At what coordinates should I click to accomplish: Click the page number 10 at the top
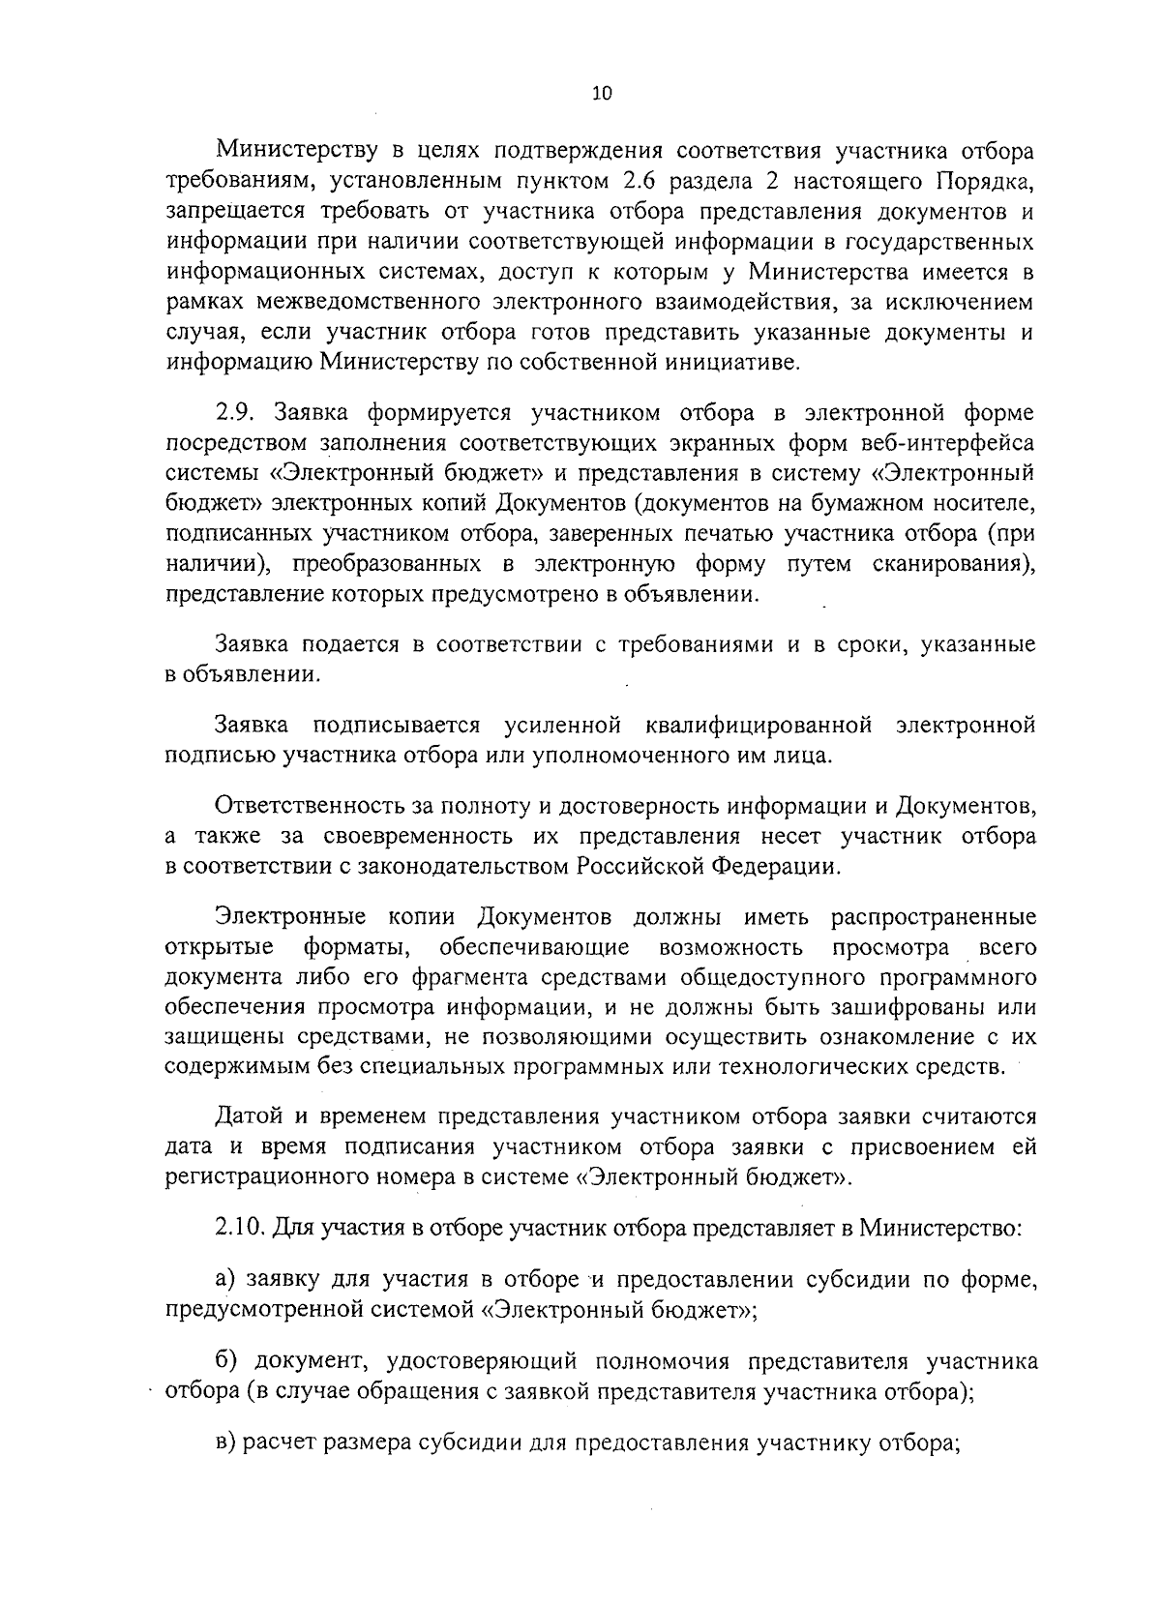602,94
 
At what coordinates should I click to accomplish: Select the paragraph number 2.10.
240,1228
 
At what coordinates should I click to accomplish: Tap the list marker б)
227,1362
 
